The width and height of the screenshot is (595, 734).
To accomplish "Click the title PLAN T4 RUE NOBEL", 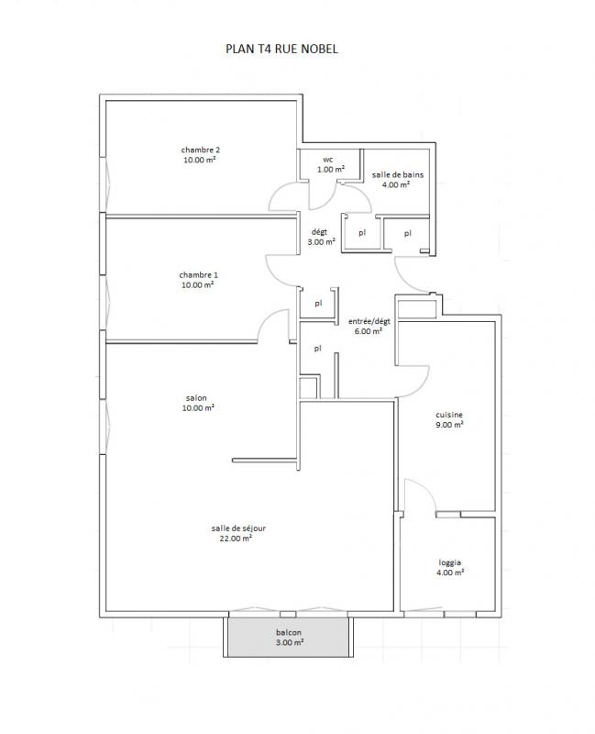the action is click(281, 49).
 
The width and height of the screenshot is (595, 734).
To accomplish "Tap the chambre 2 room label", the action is click(200, 150).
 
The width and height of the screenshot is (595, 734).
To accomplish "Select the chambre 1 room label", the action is click(198, 274).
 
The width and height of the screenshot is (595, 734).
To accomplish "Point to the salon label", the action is click(196, 398).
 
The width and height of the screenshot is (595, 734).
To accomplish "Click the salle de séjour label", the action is click(238, 528).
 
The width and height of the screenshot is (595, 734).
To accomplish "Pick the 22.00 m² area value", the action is click(236, 539).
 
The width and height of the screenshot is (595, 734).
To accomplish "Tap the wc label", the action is click(328, 160).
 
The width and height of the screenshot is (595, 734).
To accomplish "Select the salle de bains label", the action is click(398, 174).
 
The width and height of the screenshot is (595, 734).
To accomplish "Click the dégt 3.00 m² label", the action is click(321, 237).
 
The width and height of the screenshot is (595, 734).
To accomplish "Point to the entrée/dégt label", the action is click(369, 321).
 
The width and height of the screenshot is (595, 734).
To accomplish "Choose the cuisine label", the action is click(449, 415).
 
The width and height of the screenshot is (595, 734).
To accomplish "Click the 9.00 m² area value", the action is click(449, 425).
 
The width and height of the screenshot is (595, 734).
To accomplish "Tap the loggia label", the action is click(450, 562).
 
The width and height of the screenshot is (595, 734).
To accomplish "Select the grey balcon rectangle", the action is click(288, 637).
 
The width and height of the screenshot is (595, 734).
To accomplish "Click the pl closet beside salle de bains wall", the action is click(407, 233).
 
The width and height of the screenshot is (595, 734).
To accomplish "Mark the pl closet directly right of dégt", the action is click(362, 232).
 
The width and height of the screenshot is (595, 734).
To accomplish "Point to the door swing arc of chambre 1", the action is click(267, 319).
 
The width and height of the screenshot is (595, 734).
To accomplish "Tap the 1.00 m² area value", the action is click(331, 170).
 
